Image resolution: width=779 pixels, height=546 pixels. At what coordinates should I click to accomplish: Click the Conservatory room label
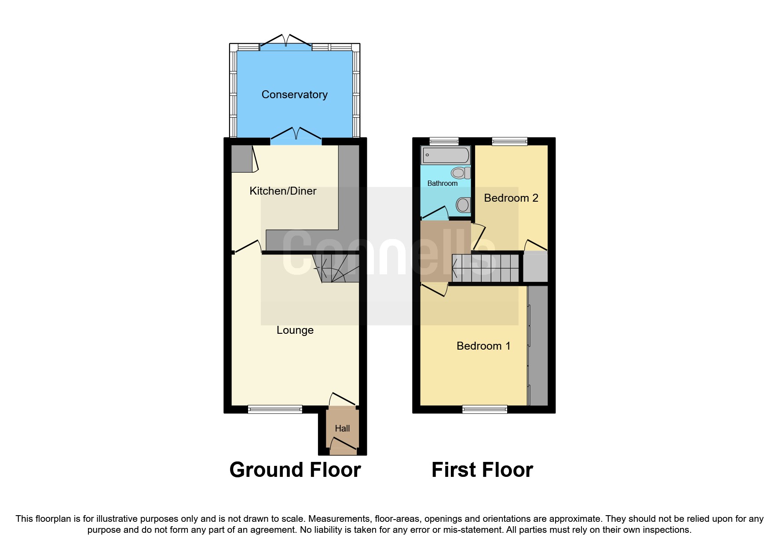(294, 95)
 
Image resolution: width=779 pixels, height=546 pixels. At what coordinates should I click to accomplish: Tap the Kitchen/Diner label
(283, 191)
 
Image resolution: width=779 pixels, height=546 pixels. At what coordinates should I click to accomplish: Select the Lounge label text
(295, 330)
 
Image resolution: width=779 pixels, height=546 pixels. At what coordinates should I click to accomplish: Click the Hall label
(342, 428)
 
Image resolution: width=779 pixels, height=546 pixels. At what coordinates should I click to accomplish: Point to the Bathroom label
(442, 184)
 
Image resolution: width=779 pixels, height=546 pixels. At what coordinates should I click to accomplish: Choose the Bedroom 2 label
(511, 198)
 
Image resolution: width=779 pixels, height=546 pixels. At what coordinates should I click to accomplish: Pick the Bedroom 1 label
(483, 346)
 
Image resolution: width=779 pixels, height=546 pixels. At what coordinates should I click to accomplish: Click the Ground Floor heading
(295, 470)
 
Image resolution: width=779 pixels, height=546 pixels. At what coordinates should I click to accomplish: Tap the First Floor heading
(482, 470)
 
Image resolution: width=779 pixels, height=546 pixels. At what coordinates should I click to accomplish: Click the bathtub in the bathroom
(446, 155)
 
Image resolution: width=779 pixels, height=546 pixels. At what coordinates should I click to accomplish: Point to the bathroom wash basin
(463, 205)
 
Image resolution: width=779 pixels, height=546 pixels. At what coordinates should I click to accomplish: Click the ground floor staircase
(336, 269)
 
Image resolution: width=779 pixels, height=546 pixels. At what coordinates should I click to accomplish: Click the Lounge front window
(275, 409)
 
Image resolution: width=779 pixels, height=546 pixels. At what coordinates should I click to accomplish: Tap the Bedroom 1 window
(485, 409)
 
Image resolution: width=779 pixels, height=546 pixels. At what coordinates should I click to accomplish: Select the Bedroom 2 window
(509, 141)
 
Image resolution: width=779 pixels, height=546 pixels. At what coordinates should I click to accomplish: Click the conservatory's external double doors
(286, 44)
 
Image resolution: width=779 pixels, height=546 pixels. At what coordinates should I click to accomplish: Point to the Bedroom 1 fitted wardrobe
(538, 346)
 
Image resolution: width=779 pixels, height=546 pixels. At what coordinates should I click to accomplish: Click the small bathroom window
(444, 141)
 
